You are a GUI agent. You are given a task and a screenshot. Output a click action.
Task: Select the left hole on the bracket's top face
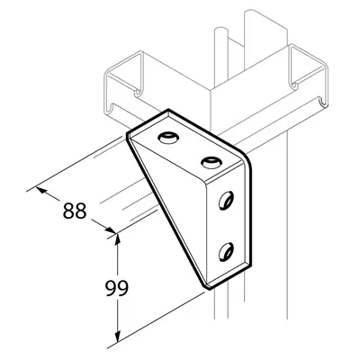tap(167, 139)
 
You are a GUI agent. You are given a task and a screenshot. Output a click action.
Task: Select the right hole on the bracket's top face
tap(211, 162)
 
